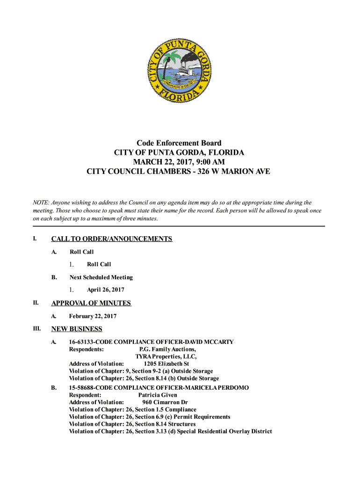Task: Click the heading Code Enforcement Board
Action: [x=179, y=143]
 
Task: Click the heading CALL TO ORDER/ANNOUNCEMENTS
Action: [x=111, y=239]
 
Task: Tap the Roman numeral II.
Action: [x=36, y=303]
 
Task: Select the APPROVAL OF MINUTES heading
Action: [x=91, y=303]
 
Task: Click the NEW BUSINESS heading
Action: [x=77, y=329]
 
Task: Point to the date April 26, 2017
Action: [x=106, y=290]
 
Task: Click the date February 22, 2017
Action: [x=93, y=316]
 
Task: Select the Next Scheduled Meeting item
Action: [x=101, y=277]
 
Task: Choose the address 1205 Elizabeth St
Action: [x=166, y=364]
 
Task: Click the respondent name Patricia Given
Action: [x=158, y=395]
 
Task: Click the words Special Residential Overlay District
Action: [x=224, y=431]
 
